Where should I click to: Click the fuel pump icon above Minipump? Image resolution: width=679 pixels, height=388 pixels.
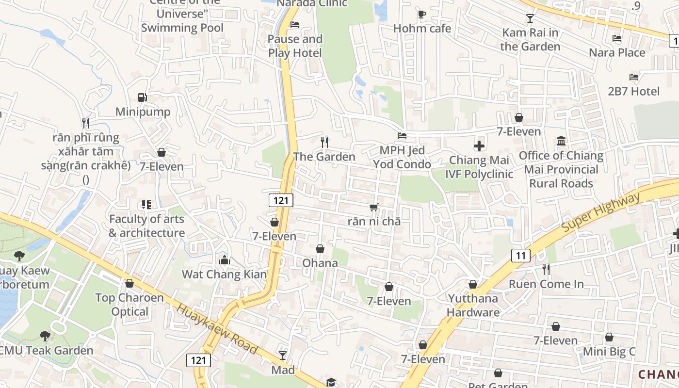(142, 97)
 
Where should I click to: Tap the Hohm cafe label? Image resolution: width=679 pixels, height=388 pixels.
(422, 29)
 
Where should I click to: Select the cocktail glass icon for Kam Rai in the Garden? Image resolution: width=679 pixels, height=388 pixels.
(530, 18)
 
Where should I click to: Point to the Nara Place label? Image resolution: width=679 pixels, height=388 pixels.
(617, 52)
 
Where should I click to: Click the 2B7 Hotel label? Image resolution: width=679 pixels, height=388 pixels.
(633, 91)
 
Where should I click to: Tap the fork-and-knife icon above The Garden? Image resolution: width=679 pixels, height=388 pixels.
(324, 142)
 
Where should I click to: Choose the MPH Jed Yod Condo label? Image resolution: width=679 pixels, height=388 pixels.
(402, 157)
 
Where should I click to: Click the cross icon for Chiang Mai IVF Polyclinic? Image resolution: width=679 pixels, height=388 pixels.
(479, 145)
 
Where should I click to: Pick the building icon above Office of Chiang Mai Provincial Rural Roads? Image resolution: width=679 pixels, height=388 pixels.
(561, 141)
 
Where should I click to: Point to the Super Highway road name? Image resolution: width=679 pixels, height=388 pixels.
(601, 212)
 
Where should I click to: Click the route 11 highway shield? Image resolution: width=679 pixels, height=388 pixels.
(520, 256)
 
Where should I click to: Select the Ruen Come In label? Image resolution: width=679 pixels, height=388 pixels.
(546, 284)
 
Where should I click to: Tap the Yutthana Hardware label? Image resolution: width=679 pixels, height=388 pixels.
(473, 305)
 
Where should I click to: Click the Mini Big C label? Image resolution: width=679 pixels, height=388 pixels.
(609, 352)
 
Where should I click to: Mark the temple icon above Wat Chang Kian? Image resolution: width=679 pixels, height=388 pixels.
(224, 260)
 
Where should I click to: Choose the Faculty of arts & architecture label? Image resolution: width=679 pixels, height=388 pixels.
(146, 226)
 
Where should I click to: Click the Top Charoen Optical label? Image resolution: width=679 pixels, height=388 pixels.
(129, 304)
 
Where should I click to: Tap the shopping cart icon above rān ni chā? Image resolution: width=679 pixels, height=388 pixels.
(373, 207)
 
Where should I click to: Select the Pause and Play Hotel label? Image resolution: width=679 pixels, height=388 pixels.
(295, 46)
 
